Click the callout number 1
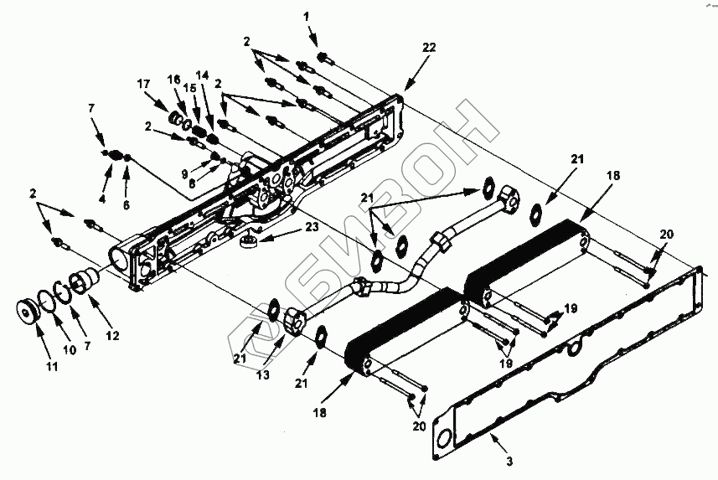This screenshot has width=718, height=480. [306, 16]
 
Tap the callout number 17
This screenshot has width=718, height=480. [144, 84]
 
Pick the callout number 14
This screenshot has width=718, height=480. [202, 75]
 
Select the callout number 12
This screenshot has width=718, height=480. [111, 335]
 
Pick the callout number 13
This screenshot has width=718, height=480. [264, 375]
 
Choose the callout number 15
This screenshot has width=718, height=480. [191, 89]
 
